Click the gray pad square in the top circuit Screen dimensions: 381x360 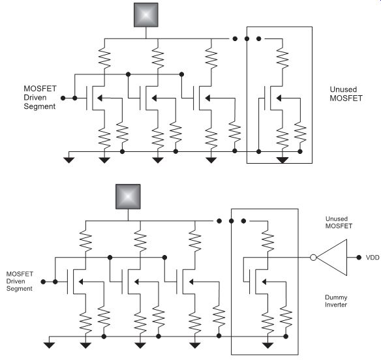pos(146,15)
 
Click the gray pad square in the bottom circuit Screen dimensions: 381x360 pos(128,196)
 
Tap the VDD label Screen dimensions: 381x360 pos(373,258)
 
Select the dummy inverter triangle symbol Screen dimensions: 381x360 pos(332,258)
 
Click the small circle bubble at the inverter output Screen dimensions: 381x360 pos(313,258)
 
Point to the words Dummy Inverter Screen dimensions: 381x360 pos(336,301)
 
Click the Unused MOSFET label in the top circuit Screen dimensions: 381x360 pos(346,94)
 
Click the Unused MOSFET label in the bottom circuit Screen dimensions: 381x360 pos(339,222)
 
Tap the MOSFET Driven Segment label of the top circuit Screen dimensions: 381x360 pos(40,97)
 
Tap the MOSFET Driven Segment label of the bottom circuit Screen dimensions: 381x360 pos(20,281)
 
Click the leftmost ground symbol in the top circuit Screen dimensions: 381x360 pos(69,160)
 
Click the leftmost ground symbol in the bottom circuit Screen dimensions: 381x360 pos(50,345)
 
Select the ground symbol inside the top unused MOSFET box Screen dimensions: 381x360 pos(282,160)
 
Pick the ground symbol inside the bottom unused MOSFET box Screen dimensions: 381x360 pos(267,345)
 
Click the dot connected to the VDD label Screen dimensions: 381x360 pos(359,258)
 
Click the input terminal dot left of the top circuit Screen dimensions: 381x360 pos(63,98)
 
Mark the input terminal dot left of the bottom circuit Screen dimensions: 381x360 pos(43,282)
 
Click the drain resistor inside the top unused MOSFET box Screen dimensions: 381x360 pos(282,58)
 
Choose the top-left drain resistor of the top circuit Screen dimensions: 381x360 pos(104,58)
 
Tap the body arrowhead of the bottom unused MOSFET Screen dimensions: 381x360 pos(264,282)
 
